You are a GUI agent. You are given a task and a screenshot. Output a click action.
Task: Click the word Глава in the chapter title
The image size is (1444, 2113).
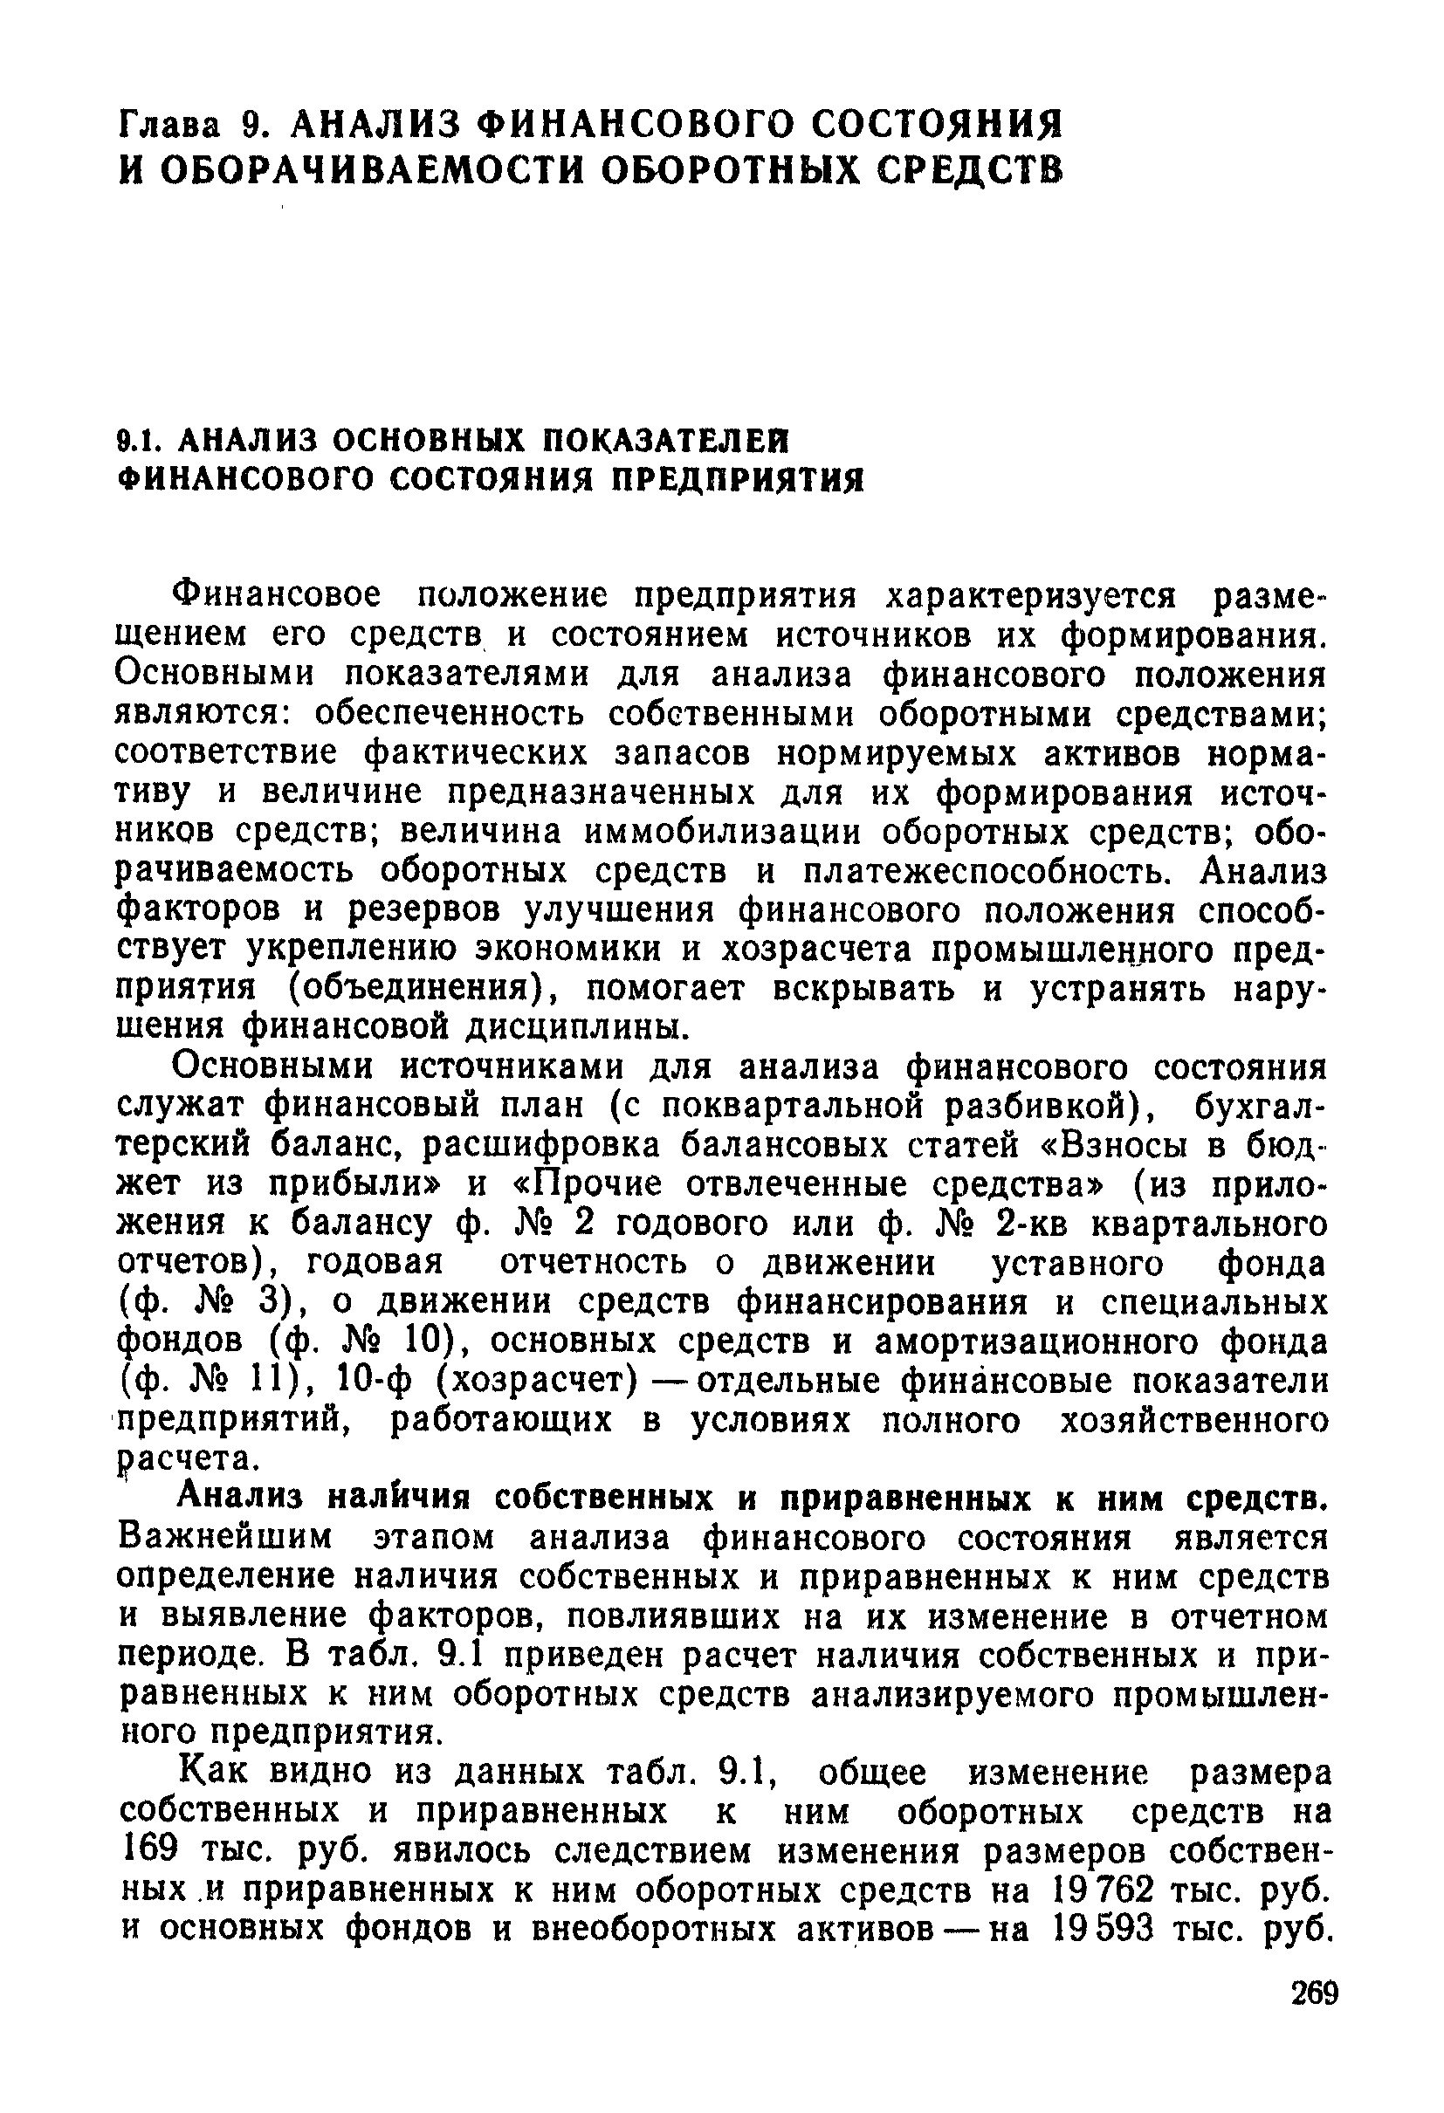[169, 123]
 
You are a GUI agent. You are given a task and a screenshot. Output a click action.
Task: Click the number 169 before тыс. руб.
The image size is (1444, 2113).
[146, 1850]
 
